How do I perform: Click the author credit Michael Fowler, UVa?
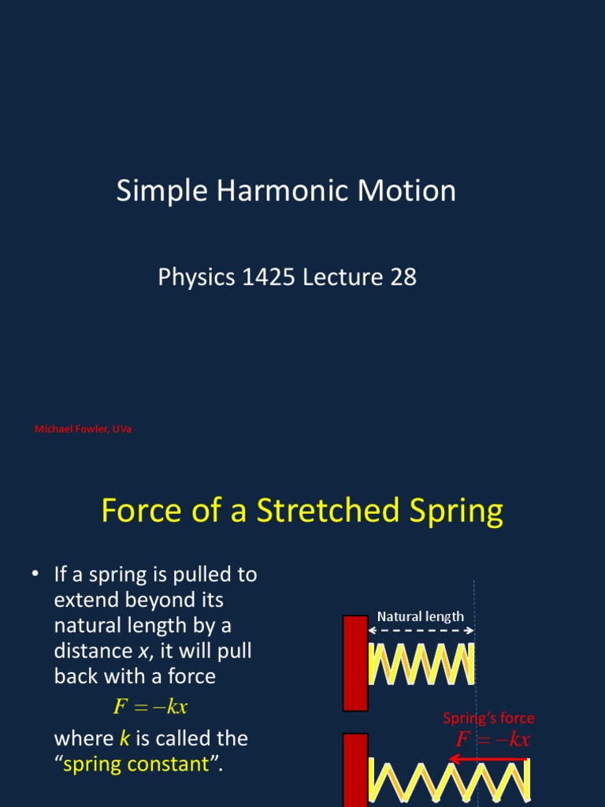[83, 429]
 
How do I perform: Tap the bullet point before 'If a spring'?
[35, 575]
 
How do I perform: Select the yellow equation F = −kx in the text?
[150, 706]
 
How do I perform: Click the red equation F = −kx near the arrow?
[493, 739]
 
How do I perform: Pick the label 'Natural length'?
[421, 616]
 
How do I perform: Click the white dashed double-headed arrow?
[421, 630]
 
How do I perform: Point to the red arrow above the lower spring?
[488, 759]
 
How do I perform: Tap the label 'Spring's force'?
[488, 718]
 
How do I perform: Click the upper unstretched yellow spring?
[421, 664]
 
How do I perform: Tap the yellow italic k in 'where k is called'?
[124, 738]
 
